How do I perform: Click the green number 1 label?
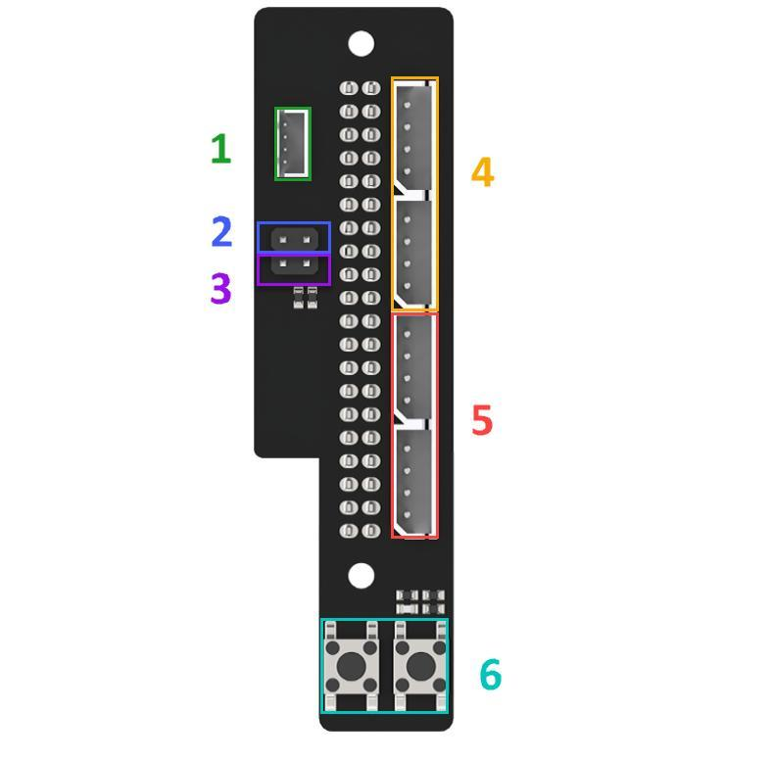(x=221, y=149)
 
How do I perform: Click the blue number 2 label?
(x=221, y=231)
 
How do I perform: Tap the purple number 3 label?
(x=220, y=288)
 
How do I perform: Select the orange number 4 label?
(x=482, y=171)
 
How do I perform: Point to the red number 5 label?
(x=482, y=419)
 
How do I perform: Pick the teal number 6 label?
(x=490, y=674)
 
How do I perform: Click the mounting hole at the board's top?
(x=361, y=43)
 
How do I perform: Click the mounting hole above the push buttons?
(x=361, y=575)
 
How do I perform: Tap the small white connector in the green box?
(x=294, y=144)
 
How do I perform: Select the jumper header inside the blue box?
(x=294, y=239)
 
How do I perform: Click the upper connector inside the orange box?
(x=414, y=137)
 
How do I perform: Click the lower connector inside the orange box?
(x=414, y=253)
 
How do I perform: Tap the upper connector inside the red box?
(x=414, y=367)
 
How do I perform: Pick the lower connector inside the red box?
(x=414, y=482)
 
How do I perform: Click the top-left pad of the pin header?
(x=349, y=88)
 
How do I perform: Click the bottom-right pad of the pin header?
(x=371, y=531)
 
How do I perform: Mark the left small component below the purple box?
(x=299, y=298)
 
